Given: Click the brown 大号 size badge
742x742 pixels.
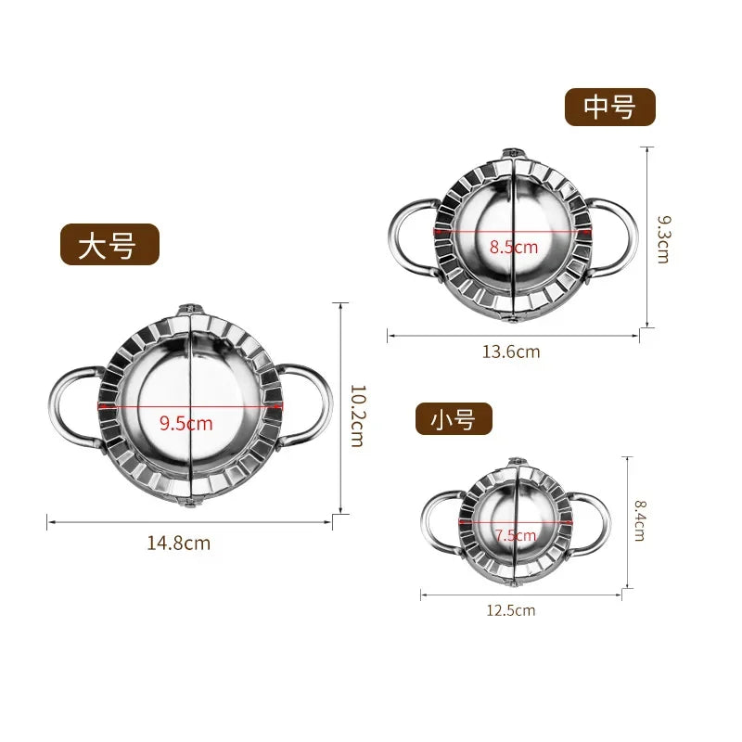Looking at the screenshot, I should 110,246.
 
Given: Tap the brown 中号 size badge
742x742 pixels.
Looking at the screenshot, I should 610,108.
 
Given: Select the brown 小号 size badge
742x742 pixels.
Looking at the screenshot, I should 454,420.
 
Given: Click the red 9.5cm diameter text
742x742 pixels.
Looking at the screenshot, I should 185,424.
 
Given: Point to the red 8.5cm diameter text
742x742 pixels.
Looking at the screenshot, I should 513,247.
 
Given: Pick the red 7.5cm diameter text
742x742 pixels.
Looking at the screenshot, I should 516,535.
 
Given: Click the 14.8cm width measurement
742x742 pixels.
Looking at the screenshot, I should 178,544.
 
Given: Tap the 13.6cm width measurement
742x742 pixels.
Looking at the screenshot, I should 510,352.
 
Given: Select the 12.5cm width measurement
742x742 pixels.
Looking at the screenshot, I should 510,609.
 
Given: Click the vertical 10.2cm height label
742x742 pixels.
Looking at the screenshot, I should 355,417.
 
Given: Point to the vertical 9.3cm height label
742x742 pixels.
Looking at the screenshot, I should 662,239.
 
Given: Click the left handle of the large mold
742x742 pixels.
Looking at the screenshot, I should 70,406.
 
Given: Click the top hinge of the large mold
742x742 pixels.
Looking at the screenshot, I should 190,307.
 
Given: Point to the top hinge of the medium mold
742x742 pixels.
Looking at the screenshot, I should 513,151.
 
